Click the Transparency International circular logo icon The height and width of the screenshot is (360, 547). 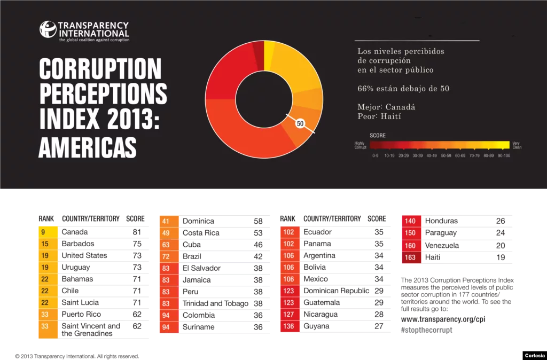pyautogui.click(x=48, y=29)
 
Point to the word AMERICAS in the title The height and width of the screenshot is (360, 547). pyautogui.click(x=87, y=146)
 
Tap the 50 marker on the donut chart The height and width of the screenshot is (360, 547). pyautogui.click(x=300, y=123)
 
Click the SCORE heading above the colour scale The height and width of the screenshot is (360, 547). pyautogui.click(x=377, y=136)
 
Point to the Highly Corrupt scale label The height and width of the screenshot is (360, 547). pyautogui.click(x=360, y=145)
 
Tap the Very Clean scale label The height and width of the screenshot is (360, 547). pyautogui.click(x=517, y=145)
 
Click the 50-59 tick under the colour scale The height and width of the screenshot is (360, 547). pyautogui.click(x=446, y=155)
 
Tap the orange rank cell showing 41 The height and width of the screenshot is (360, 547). pyautogui.click(x=166, y=221)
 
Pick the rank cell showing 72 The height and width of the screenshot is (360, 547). pyautogui.click(x=166, y=256)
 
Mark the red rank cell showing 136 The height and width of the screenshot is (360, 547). pyautogui.click(x=288, y=326)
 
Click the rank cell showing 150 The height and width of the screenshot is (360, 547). pyautogui.click(x=410, y=233)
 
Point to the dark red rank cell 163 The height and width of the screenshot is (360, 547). pyautogui.click(x=410, y=257)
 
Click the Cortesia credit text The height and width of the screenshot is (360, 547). pyautogui.click(x=534, y=355)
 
